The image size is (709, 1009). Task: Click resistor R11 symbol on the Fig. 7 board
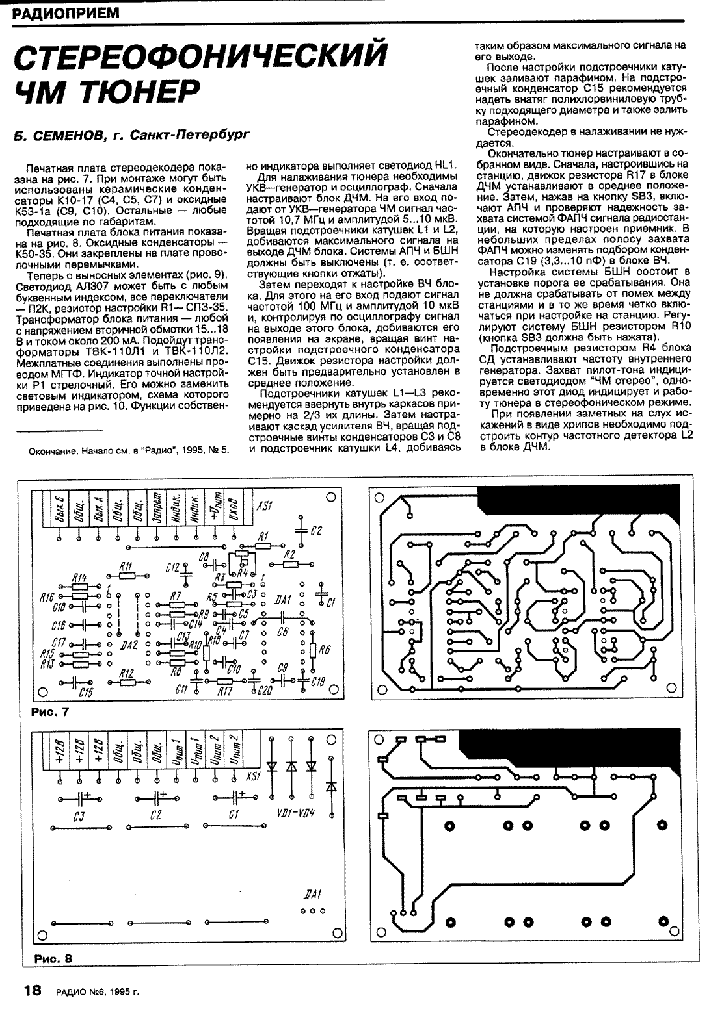127,576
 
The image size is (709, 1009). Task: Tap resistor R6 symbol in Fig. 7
313,649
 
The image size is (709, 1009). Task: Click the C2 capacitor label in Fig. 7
316,531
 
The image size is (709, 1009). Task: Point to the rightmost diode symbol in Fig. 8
332,787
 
